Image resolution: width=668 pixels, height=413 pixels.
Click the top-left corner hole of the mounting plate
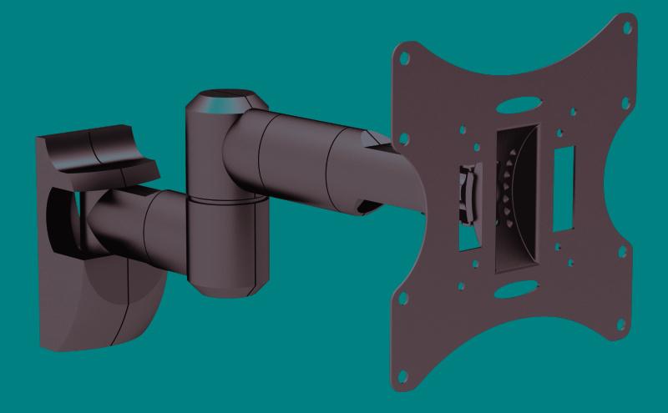(404, 60)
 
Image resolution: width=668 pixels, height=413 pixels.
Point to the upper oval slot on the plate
(517, 107)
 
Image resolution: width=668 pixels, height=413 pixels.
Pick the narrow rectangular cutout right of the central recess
(564, 189)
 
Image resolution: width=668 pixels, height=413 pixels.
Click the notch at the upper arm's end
(364, 204)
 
